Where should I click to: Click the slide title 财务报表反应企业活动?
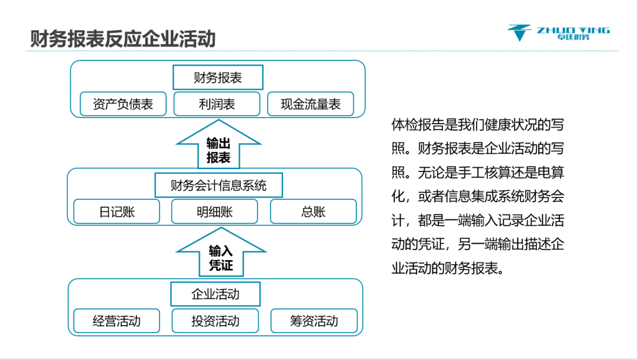pos(123,39)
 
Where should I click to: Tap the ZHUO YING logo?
pos(558,33)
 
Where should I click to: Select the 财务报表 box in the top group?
pos(218,77)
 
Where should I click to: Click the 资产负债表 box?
pos(123,104)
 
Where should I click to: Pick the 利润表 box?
pos(217,104)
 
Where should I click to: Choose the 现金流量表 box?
pos(311,104)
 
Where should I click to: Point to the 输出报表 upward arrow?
pos(219,150)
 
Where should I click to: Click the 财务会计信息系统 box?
pos(219,185)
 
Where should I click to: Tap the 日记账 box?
pos(117,212)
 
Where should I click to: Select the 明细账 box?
pos(214,212)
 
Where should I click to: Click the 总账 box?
pos(313,212)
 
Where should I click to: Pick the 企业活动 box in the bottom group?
pos(216,294)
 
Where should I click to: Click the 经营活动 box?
pos(117,321)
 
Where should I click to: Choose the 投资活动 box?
pos(215,321)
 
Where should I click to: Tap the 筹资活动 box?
pos(314,321)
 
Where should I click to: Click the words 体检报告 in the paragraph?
pos(419,125)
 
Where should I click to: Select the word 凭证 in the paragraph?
pos(427,244)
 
